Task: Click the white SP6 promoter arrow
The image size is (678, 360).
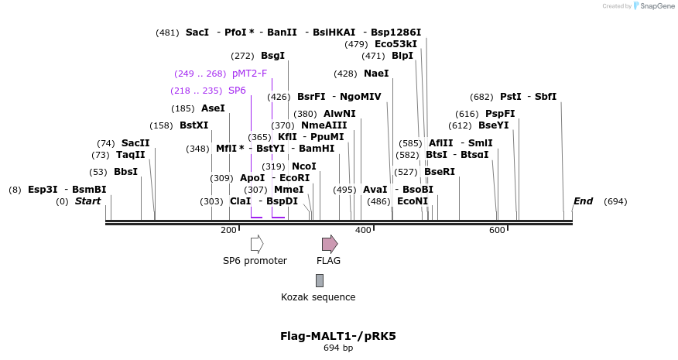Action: click(257, 244)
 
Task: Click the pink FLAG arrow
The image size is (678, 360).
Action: click(330, 244)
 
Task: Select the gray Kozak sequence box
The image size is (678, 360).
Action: click(319, 280)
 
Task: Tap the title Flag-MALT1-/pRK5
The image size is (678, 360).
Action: click(338, 337)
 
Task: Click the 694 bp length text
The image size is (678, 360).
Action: click(338, 348)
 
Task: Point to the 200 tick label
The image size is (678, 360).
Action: click(228, 230)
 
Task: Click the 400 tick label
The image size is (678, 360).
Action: click(363, 230)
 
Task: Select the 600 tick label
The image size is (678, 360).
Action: click(497, 230)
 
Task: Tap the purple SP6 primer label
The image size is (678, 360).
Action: click(237, 91)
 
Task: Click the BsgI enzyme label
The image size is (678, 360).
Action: click(272, 56)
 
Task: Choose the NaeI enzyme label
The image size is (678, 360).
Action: click(376, 74)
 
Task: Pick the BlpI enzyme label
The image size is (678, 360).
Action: click(402, 56)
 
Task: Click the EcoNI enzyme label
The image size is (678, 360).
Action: click(412, 201)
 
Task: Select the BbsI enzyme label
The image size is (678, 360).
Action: click(125, 172)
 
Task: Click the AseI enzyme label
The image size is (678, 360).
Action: click(213, 108)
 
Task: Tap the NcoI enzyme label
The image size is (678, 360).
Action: click(303, 166)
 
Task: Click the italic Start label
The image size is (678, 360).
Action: click(87, 201)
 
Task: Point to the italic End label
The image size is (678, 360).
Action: click(583, 201)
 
